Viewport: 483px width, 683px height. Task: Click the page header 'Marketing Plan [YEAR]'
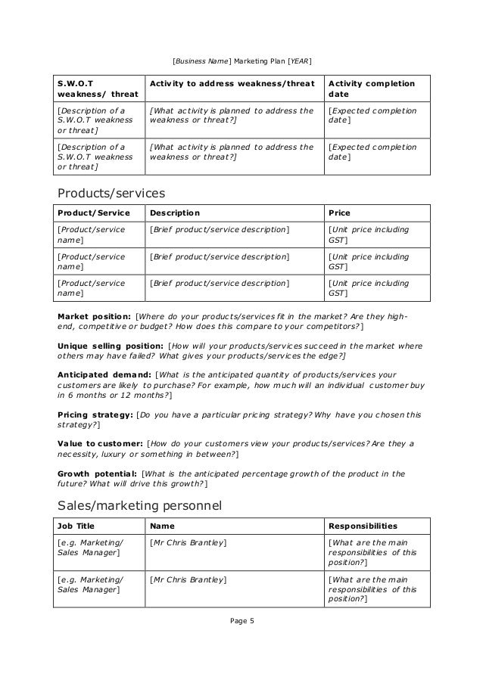coord(273,60)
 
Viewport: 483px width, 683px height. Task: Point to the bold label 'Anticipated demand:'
coord(104,374)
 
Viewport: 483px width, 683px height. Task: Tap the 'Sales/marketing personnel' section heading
coord(139,504)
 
